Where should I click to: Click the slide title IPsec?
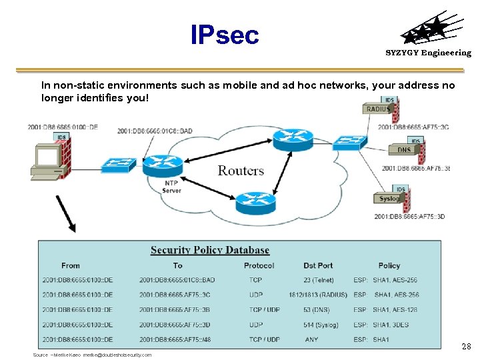coord(224,35)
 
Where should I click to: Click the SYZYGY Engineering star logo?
coord(427,31)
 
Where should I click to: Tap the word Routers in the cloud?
coord(241,171)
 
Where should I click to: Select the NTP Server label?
coord(171,187)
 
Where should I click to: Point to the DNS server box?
coord(405,150)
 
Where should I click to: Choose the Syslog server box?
coord(389,198)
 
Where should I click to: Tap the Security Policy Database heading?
coord(210,251)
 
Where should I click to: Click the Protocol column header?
coord(259,265)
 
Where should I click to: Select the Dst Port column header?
coord(318,265)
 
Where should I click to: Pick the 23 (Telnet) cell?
coord(318,280)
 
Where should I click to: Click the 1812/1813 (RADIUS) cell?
coord(318,295)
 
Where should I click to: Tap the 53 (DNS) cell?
coord(318,309)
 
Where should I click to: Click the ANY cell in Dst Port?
coord(312,339)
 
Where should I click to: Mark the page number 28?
coord(467,347)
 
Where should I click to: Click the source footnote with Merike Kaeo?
coord(92,355)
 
